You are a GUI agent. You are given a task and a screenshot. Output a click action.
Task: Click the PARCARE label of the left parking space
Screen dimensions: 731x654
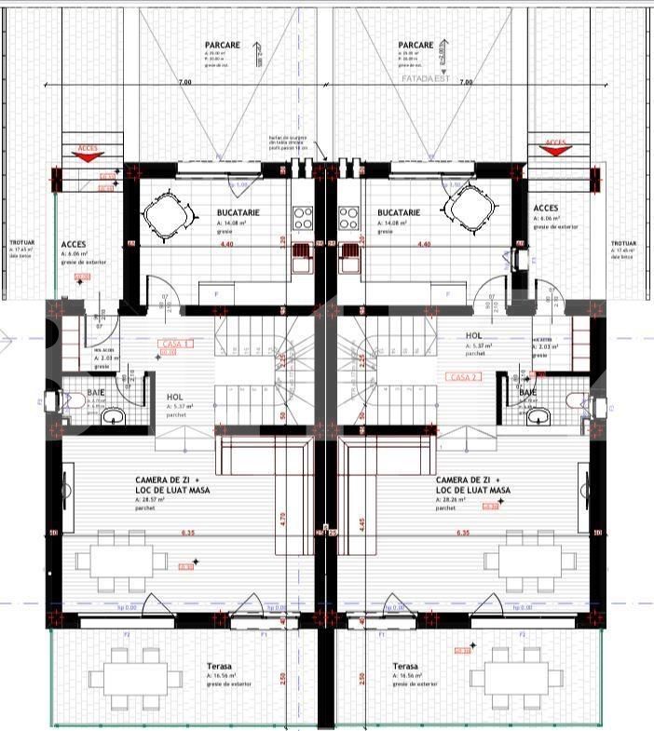click(x=223, y=44)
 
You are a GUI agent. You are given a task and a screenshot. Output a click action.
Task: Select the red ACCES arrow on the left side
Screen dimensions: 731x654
click(x=87, y=154)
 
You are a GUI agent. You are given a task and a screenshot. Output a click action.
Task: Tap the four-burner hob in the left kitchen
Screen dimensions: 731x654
click(x=303, y=219)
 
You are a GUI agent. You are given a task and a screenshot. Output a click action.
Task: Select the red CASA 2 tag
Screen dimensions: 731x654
click(x=464, y=377)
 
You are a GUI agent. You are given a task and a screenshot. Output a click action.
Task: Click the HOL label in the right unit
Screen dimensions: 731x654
click(x=474, y=335)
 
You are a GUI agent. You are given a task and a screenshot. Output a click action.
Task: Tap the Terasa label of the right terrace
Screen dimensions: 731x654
click(x=405, y=667)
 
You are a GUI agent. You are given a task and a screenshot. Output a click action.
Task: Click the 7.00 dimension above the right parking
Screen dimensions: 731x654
click(x=466, y=83)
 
